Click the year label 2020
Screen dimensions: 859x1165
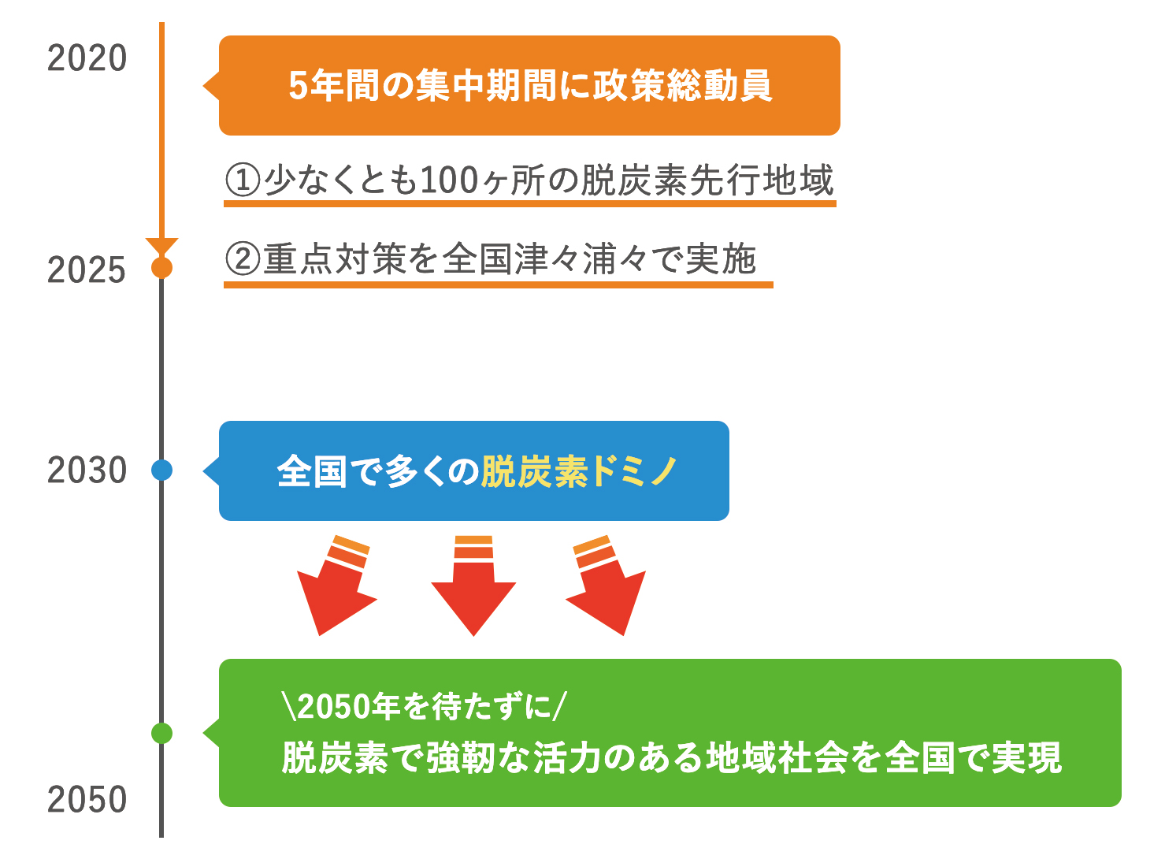tap(87, 58)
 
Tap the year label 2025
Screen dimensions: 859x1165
tap(87, 270)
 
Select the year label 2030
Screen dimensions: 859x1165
tap(87, 470)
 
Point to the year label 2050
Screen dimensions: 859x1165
tap(87, 800)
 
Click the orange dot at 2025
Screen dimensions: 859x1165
tap(161, 268)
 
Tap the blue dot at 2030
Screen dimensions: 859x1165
tap(161, 470)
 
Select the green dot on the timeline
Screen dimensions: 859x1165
tap(161, 733)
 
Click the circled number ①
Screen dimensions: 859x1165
tap(243, 180)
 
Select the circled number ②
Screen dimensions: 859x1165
tap(243, 258)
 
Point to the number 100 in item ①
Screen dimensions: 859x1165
tap(450, 180)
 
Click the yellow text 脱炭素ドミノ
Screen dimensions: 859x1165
tap(579, 472)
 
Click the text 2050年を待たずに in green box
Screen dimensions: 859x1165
tap(424, 706)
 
